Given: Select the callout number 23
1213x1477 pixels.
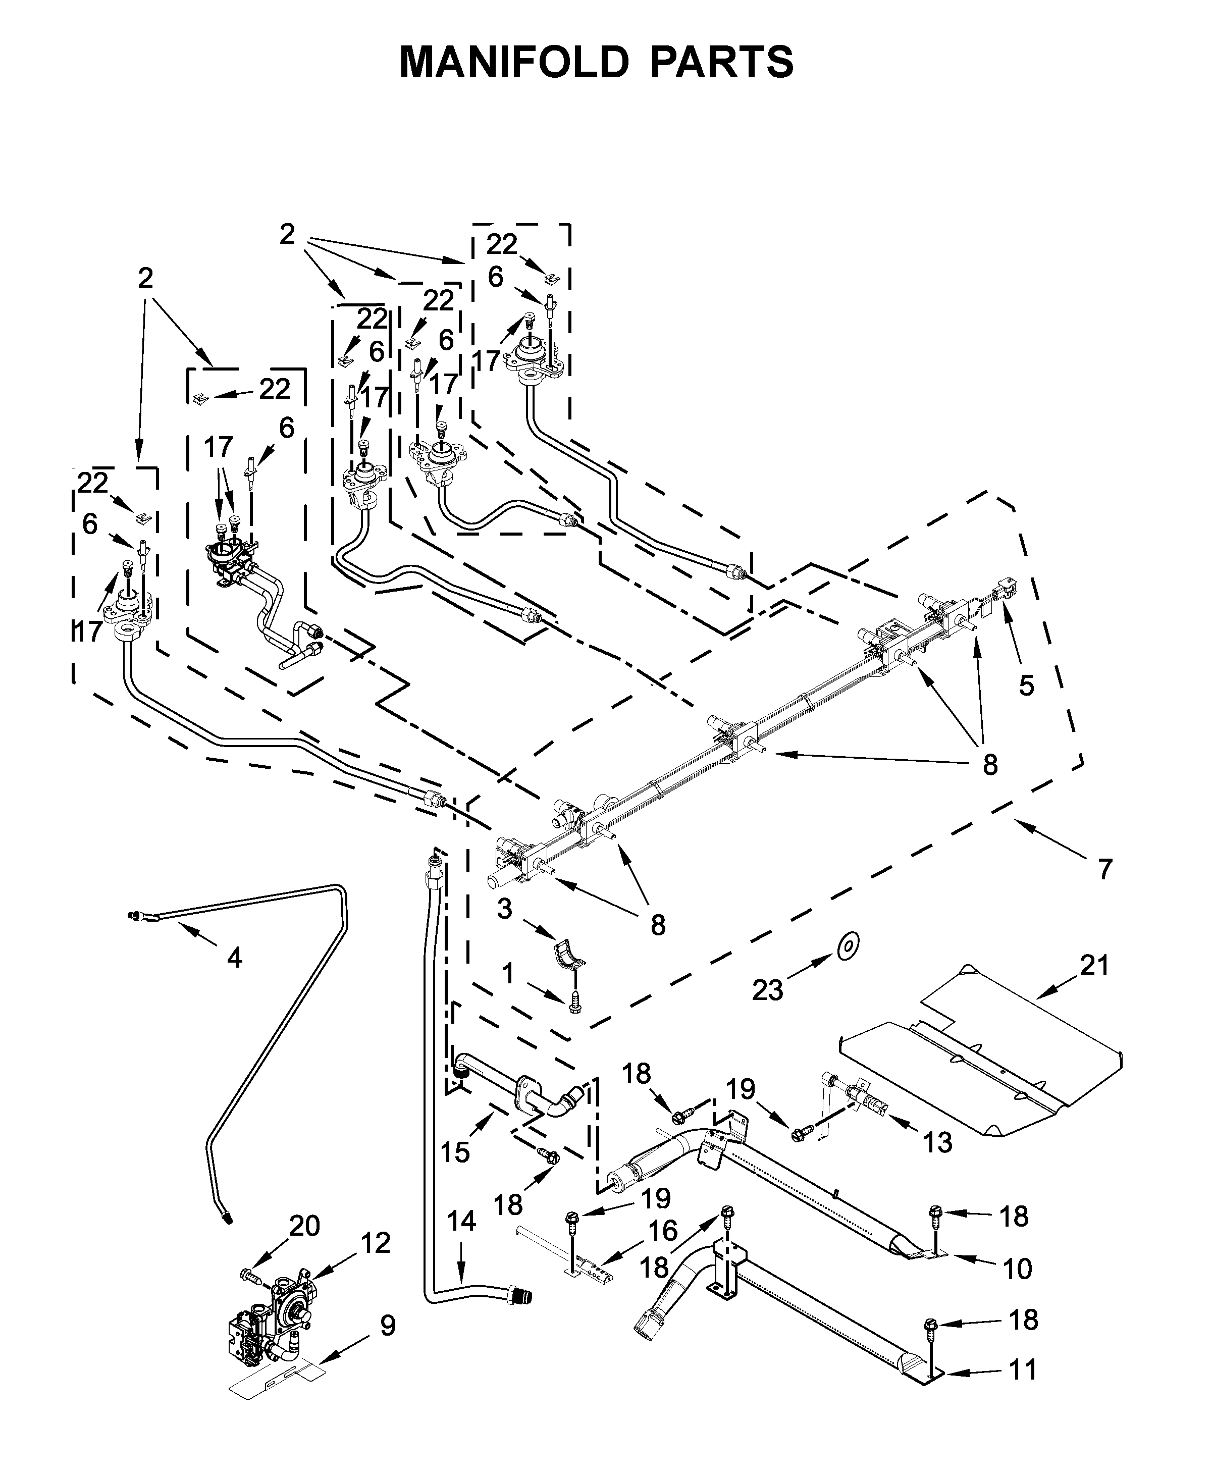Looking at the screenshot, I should [767, 989].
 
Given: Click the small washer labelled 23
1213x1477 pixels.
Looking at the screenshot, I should [848, 946].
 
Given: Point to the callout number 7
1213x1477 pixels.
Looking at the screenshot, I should [1104, 869].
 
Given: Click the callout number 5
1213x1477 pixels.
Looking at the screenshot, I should [1026, 685].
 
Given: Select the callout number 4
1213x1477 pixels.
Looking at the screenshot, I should [235, 957].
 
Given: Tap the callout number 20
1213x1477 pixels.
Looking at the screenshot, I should [305, 1226].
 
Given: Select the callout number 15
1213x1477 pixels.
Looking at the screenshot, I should [455, 1152].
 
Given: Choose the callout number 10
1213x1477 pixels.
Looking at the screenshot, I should [1017, 1268].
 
